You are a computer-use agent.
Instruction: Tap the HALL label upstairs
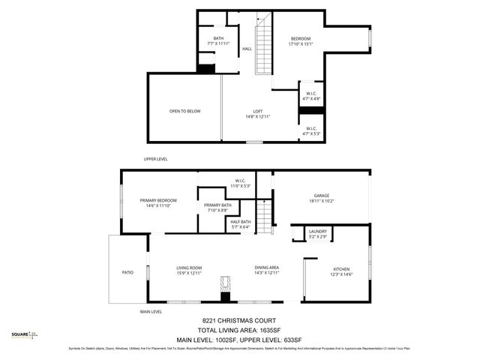tap(247, 49)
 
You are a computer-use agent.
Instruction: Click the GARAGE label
tap(321, 197)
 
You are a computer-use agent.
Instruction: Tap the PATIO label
tap(128, 272)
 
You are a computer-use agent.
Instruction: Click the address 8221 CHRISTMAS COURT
tap(239, 319)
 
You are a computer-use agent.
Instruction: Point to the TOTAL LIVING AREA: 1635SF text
tap(239, 329)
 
